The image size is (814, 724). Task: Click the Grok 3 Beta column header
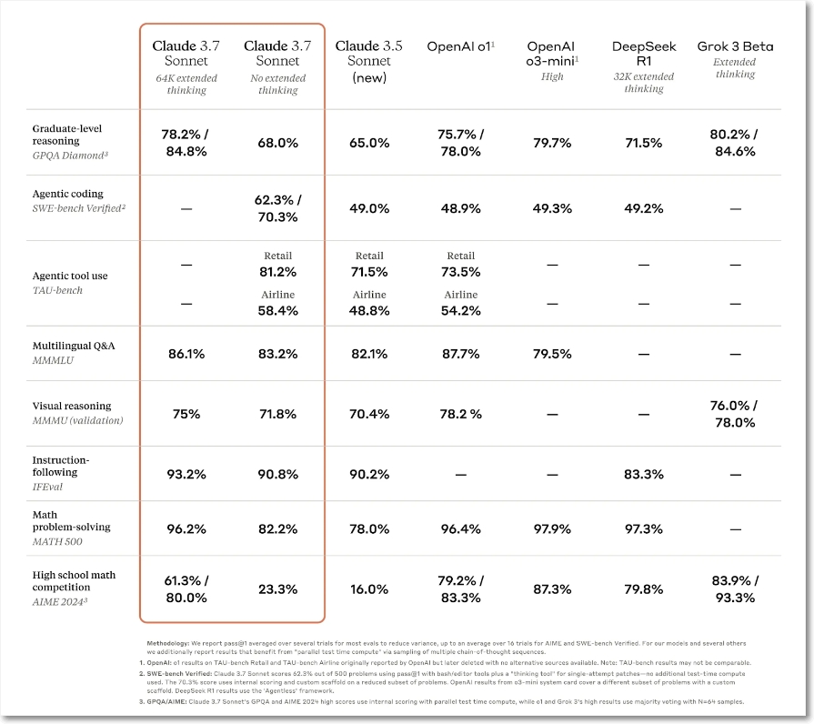[735, 46]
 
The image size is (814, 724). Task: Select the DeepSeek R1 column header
[644, 54]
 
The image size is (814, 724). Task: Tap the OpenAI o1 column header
[460, 46]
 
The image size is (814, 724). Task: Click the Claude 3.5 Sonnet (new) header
[368, 61]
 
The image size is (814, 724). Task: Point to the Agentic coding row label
[67, 194]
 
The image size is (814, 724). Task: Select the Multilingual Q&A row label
[74, 346]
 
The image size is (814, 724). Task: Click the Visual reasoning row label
[72, 406]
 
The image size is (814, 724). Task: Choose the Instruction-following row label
[61, 466]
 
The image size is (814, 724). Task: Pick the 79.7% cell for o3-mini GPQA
[552, 143]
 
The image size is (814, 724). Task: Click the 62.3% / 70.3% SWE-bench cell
[277, 208]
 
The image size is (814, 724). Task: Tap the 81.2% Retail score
[277, 272]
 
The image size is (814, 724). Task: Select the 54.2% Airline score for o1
[460, 311]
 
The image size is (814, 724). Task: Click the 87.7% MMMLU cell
[460, 354]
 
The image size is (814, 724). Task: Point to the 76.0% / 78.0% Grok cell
[735, 414]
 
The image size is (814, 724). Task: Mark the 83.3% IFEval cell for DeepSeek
[644, 475]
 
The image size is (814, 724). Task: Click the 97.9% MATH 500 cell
[552, 529]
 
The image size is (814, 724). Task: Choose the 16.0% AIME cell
[368, 589]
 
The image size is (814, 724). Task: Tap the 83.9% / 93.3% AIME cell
[735, 589]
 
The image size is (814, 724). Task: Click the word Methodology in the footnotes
[167, 644]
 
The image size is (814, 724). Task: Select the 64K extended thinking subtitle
[186, 84]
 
